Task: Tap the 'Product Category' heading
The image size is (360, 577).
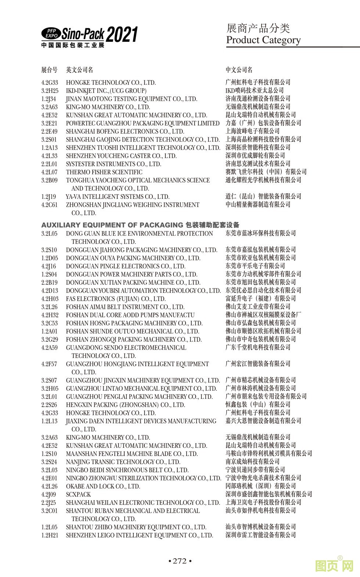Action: pos(263,40)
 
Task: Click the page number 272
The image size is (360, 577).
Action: pos(180,561)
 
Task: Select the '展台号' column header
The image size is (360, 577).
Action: pos(49,69)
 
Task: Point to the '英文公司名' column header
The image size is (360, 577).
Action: pos(79,69)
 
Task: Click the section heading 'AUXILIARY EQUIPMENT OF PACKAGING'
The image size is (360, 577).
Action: pos(112,225)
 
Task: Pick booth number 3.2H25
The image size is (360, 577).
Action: pos(50,91)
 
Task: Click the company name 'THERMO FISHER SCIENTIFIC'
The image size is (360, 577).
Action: pos(104,172)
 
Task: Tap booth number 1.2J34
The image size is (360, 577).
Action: pos(49,99)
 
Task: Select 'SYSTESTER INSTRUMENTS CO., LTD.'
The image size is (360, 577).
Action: pos(114,164)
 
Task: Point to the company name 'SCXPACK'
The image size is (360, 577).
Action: pos(78,494)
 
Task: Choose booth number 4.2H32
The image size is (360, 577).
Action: pos(50,315)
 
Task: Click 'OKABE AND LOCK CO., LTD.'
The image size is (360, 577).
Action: pos(103,486)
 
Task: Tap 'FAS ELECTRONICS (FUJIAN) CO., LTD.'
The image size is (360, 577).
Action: pos(116,299)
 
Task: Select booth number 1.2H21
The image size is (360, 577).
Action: pos(50,535)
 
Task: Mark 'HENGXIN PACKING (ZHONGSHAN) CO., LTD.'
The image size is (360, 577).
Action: pos(125,405)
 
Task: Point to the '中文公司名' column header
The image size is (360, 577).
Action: pos(239,69)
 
